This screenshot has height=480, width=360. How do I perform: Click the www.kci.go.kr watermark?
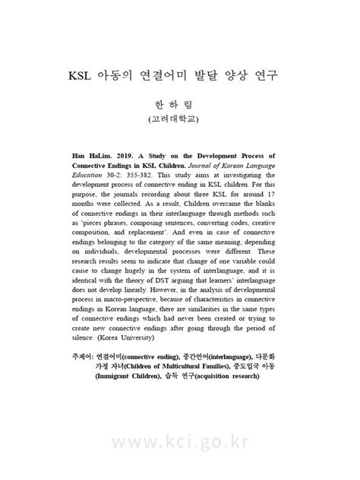[179, 441]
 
